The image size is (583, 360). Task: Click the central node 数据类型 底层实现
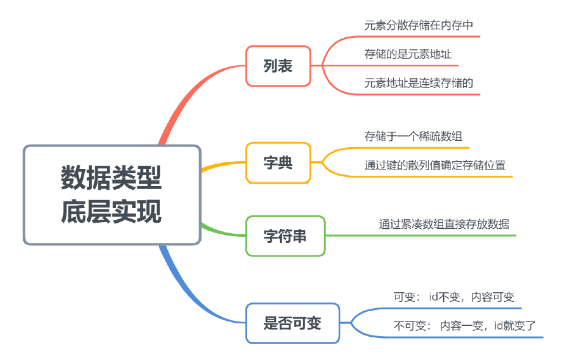112,194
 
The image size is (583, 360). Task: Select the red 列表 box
278,66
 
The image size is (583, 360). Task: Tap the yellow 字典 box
278,163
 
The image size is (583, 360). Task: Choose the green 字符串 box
285,236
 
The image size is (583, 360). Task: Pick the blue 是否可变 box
292,323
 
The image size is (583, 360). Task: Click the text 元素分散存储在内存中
419,25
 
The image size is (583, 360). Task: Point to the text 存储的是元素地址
408,54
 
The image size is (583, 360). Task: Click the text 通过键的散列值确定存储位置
435,165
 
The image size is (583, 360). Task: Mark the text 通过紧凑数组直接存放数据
444,224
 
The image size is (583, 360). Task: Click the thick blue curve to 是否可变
183,287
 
